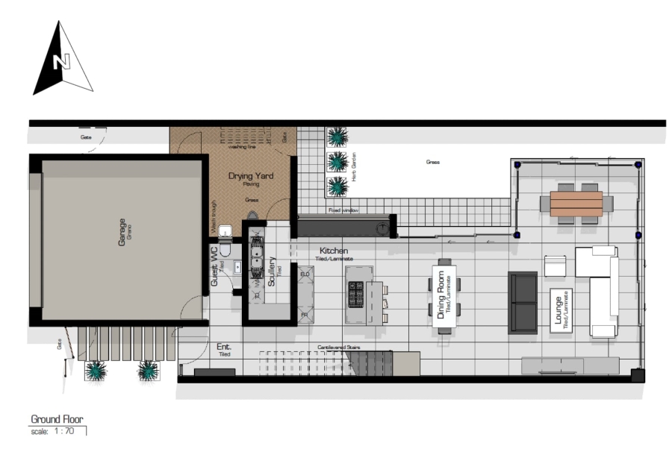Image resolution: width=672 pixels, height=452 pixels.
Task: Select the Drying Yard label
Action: point(251,176)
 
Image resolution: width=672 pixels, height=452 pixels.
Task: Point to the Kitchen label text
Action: point(334,251)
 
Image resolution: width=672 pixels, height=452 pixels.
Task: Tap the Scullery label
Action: point(272,271)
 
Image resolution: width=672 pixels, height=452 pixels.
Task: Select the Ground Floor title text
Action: point(57,419)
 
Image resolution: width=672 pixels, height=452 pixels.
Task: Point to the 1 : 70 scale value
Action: point(64,431)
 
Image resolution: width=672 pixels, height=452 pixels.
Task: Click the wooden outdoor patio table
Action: point(576,204)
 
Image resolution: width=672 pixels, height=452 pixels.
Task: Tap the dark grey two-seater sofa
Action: point(523,302)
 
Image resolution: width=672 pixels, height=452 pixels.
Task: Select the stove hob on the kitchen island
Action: point(355,294)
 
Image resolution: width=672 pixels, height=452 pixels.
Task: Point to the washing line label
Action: point(242,147)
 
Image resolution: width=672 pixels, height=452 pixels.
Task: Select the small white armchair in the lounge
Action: point(556,266)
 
